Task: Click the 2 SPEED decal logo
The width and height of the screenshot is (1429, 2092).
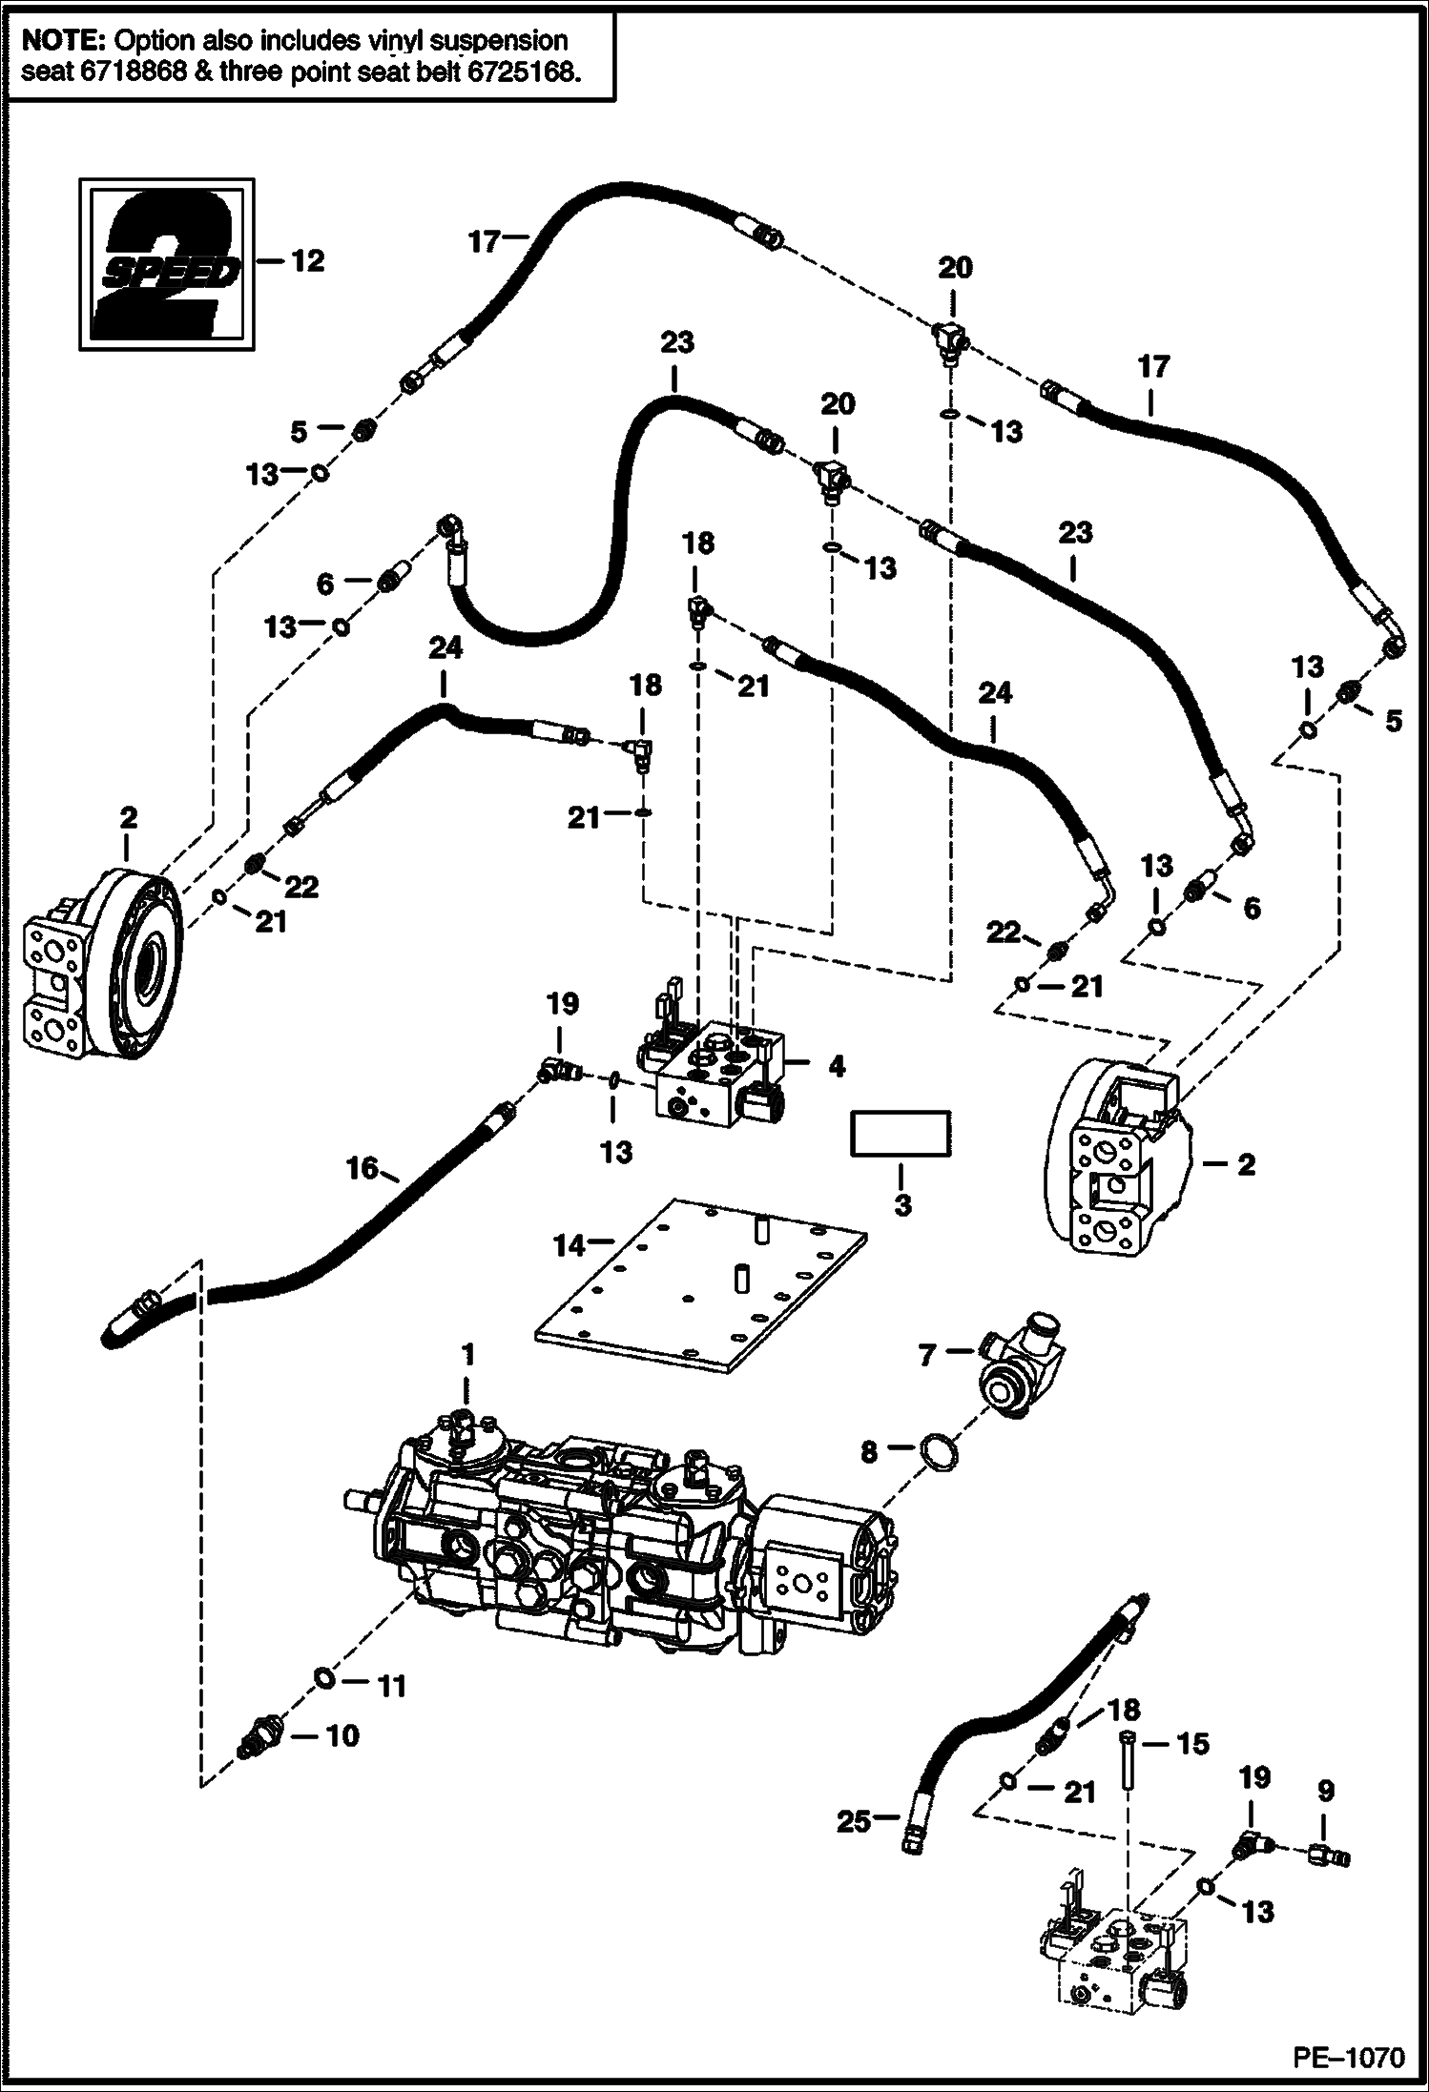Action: [x=165, y=262]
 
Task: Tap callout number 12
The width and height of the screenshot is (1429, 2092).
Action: [x=307, y=260]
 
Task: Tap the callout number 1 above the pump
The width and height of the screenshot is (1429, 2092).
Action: [x=467, y=1354]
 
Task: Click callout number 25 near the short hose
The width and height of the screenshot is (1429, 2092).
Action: [x=854, y=1821]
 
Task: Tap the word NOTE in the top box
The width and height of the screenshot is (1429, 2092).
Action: [x=63, y=41]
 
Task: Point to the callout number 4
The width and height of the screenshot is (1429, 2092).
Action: [x=836, y=1067]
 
